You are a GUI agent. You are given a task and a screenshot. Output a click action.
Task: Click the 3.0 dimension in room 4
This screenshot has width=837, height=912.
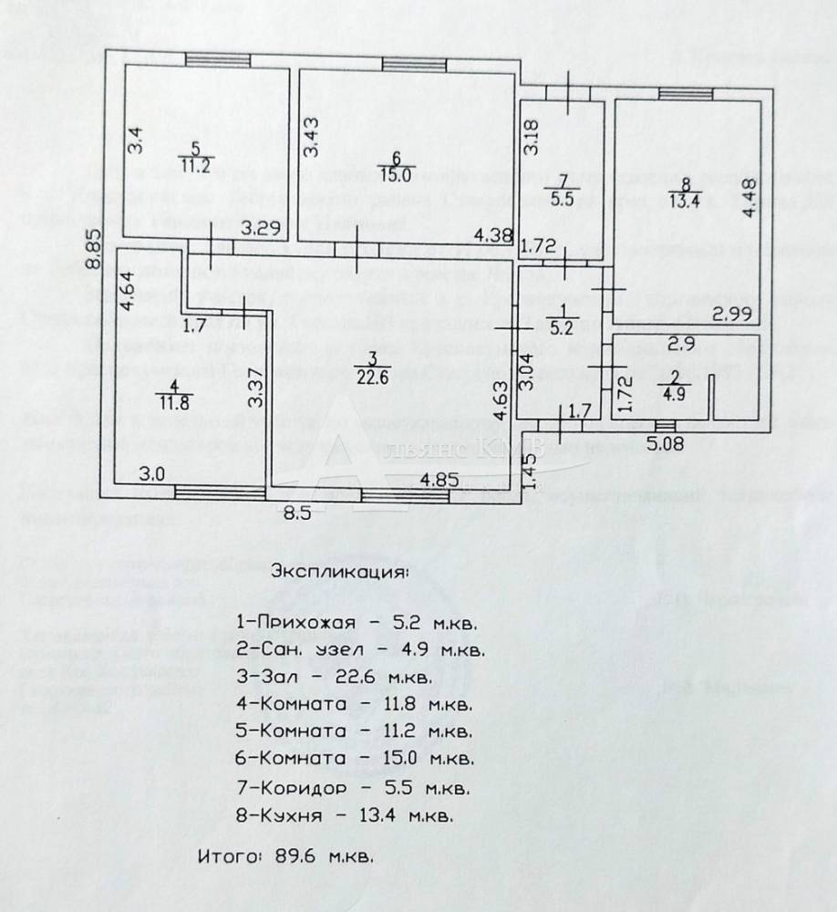[x=151, y=474]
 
